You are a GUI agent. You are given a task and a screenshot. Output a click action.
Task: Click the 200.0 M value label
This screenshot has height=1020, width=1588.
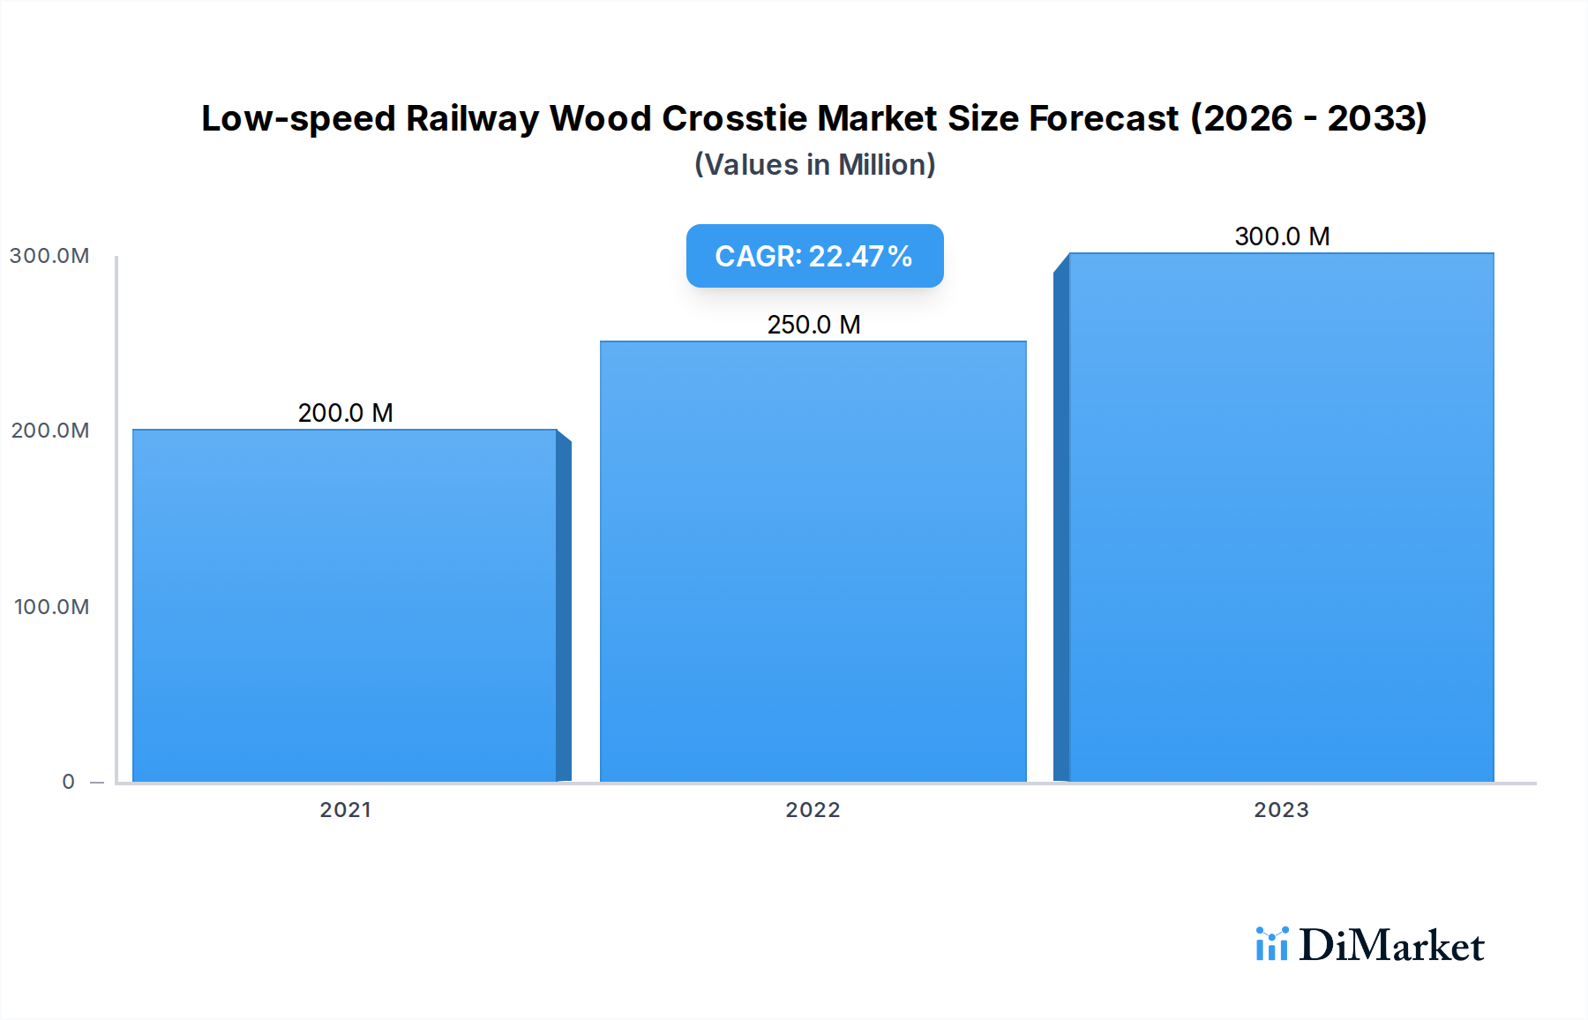pyautogui.click(x=345, y=413)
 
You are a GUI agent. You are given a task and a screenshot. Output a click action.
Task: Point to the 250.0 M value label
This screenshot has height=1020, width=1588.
pyautogui.click(x=813, y=325)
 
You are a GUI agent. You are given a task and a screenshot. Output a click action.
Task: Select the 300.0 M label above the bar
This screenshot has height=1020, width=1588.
pyautogui.click(x=1282, y=236)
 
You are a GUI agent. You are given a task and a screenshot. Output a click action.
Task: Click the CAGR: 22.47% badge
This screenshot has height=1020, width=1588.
pyautogui.click(x=814, y=256)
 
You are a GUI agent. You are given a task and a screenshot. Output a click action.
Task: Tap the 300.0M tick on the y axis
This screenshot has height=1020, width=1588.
pyautogui.click(x=49, y=256)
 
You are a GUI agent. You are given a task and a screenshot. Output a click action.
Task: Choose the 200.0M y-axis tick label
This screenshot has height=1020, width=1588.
pyautogui.click(x=49, y=431)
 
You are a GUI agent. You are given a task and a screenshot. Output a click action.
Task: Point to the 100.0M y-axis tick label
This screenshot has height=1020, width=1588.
pyautogui.click(x=51, y=607)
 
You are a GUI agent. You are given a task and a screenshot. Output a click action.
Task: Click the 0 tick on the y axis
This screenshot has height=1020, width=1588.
pyautogui.click(x=68, y=782)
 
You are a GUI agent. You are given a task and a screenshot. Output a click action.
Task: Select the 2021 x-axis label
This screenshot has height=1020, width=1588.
pyautogui.click(x=345, y=810)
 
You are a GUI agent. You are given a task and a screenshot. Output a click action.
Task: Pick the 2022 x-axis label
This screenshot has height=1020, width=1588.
pyautogui.click(x=813, y=810)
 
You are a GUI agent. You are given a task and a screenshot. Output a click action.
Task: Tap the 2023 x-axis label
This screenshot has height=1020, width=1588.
pyautogui.click(x=1281, y=810)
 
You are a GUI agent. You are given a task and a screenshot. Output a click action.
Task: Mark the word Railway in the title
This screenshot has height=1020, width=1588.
pyautogui.click(x=472, y=118)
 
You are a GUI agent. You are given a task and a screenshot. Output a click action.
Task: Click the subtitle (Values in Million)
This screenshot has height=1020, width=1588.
pyautogui.click(x=814, y=165)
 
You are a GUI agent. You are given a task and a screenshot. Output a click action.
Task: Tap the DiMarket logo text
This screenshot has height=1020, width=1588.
pyautogui.click(x=1391, y=946)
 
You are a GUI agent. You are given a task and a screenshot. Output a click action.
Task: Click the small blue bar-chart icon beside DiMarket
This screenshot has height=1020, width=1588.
pyautogui.click(x=1271, y=944)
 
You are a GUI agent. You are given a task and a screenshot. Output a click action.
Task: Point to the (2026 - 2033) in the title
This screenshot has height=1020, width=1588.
pyautogui.click(x=1308, y=118)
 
